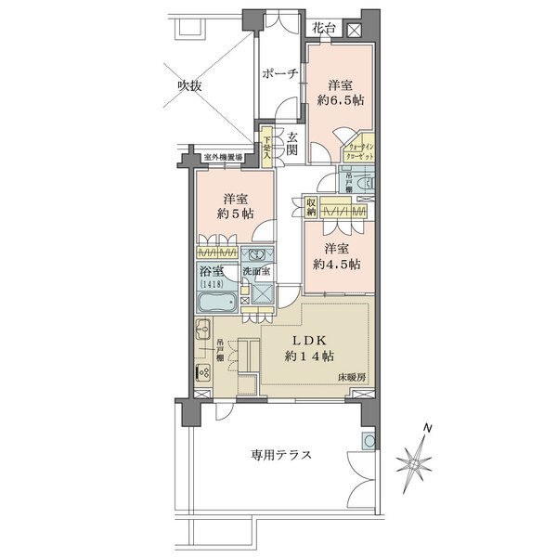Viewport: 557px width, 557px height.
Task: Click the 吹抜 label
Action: tap(190, 86)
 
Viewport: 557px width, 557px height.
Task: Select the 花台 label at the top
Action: tap(324, 27)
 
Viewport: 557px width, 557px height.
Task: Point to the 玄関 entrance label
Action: tap(291, 144)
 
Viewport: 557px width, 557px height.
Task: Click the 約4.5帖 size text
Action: tap(337, 264)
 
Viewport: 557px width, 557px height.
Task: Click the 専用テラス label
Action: tap(280, 456)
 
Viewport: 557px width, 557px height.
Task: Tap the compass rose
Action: tap(416, 456)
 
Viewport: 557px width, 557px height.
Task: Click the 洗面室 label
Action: tap(255, 271)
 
